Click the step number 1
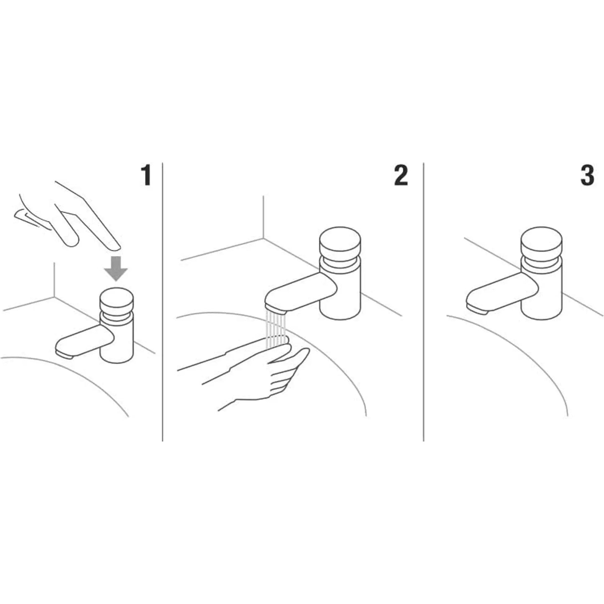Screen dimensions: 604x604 [x=146, y=176]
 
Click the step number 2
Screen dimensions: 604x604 [x=401, y=176]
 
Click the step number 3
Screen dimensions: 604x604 [x=587, y=176]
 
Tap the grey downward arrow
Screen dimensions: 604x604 [x=116, y=269]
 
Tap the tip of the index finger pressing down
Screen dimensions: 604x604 [x=116, y=247]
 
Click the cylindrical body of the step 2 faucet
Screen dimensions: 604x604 [x=340, y=288]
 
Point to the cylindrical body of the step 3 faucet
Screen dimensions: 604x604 [x=542, y=288]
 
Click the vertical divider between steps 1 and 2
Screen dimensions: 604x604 [x=162, y=302]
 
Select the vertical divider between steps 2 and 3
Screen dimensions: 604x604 [x=423, y=302]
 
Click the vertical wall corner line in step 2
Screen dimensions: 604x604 [x=263, y=217]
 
